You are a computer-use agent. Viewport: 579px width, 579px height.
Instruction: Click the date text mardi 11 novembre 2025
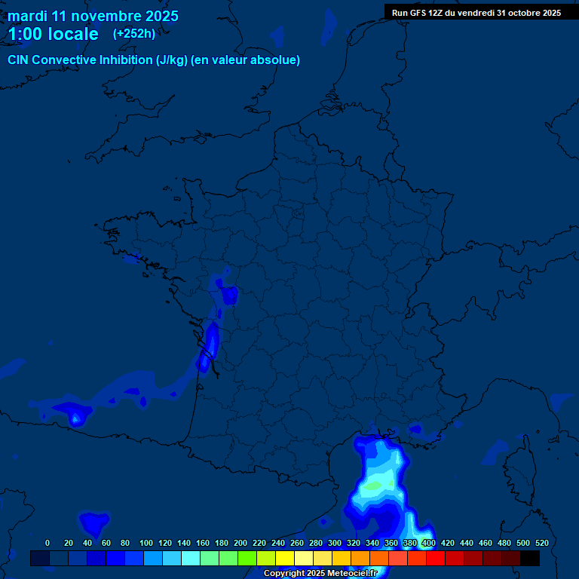pyautogui.click(x=93, y=16)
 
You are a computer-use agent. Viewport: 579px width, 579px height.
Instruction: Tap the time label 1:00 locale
pyautogui.click(x=53, y=34)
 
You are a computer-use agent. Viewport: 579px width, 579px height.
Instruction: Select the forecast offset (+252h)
pyautogui.click(x=134, y=34)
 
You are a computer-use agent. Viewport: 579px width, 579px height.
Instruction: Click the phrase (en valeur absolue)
pyautogui.click(x=246, y=60)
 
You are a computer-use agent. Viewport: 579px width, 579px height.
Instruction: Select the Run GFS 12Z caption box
pyautogui.click(x=476, y=13)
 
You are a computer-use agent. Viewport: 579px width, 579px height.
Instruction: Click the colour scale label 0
pyautogui.click(x=47, y=543)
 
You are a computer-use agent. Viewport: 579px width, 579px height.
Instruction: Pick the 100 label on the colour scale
pyautogui.click(x=146, y=543)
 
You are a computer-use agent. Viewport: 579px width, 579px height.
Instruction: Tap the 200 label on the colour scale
pyautogui.click(x=240, y=543)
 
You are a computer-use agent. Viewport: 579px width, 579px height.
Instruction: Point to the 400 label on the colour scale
pyautogui.click(x=429, y=543)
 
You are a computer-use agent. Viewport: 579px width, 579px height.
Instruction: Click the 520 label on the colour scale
pyautogui.click(x=541, y=543)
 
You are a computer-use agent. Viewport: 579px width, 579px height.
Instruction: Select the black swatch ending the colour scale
pyautogui.click(x=530, y=558)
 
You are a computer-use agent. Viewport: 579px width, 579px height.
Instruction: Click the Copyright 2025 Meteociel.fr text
pyautogui.click(x=320, y=573)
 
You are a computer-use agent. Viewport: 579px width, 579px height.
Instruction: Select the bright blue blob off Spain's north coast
pyautogui.click(x=75, y=414)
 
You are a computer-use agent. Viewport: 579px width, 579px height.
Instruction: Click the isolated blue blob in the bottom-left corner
pyautogui.click(x=94, y=522)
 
